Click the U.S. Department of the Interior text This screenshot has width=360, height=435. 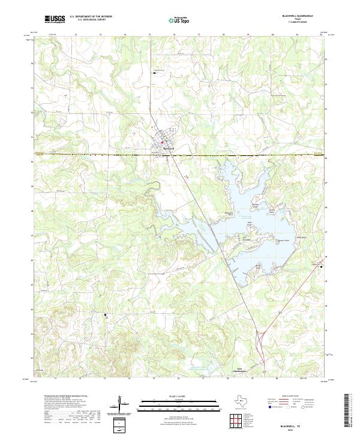coord(91,17)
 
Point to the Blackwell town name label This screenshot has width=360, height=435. coord(169,148)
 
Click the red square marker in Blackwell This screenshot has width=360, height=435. coord(161,142)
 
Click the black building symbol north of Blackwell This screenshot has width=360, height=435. coord(154,74)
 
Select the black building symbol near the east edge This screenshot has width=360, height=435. coord(322,266)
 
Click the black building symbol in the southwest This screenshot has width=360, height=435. coord(106,314)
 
